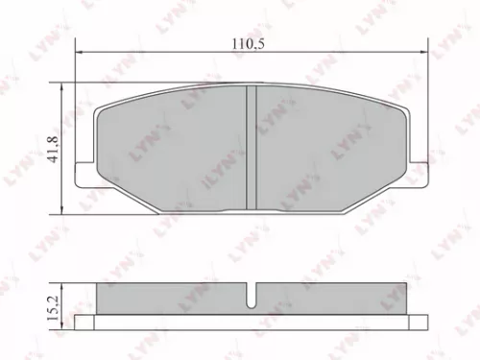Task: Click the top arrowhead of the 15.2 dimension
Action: (x=64, y=284)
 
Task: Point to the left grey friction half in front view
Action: (x=173, y=149)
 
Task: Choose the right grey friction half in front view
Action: (x=326, y=149)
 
